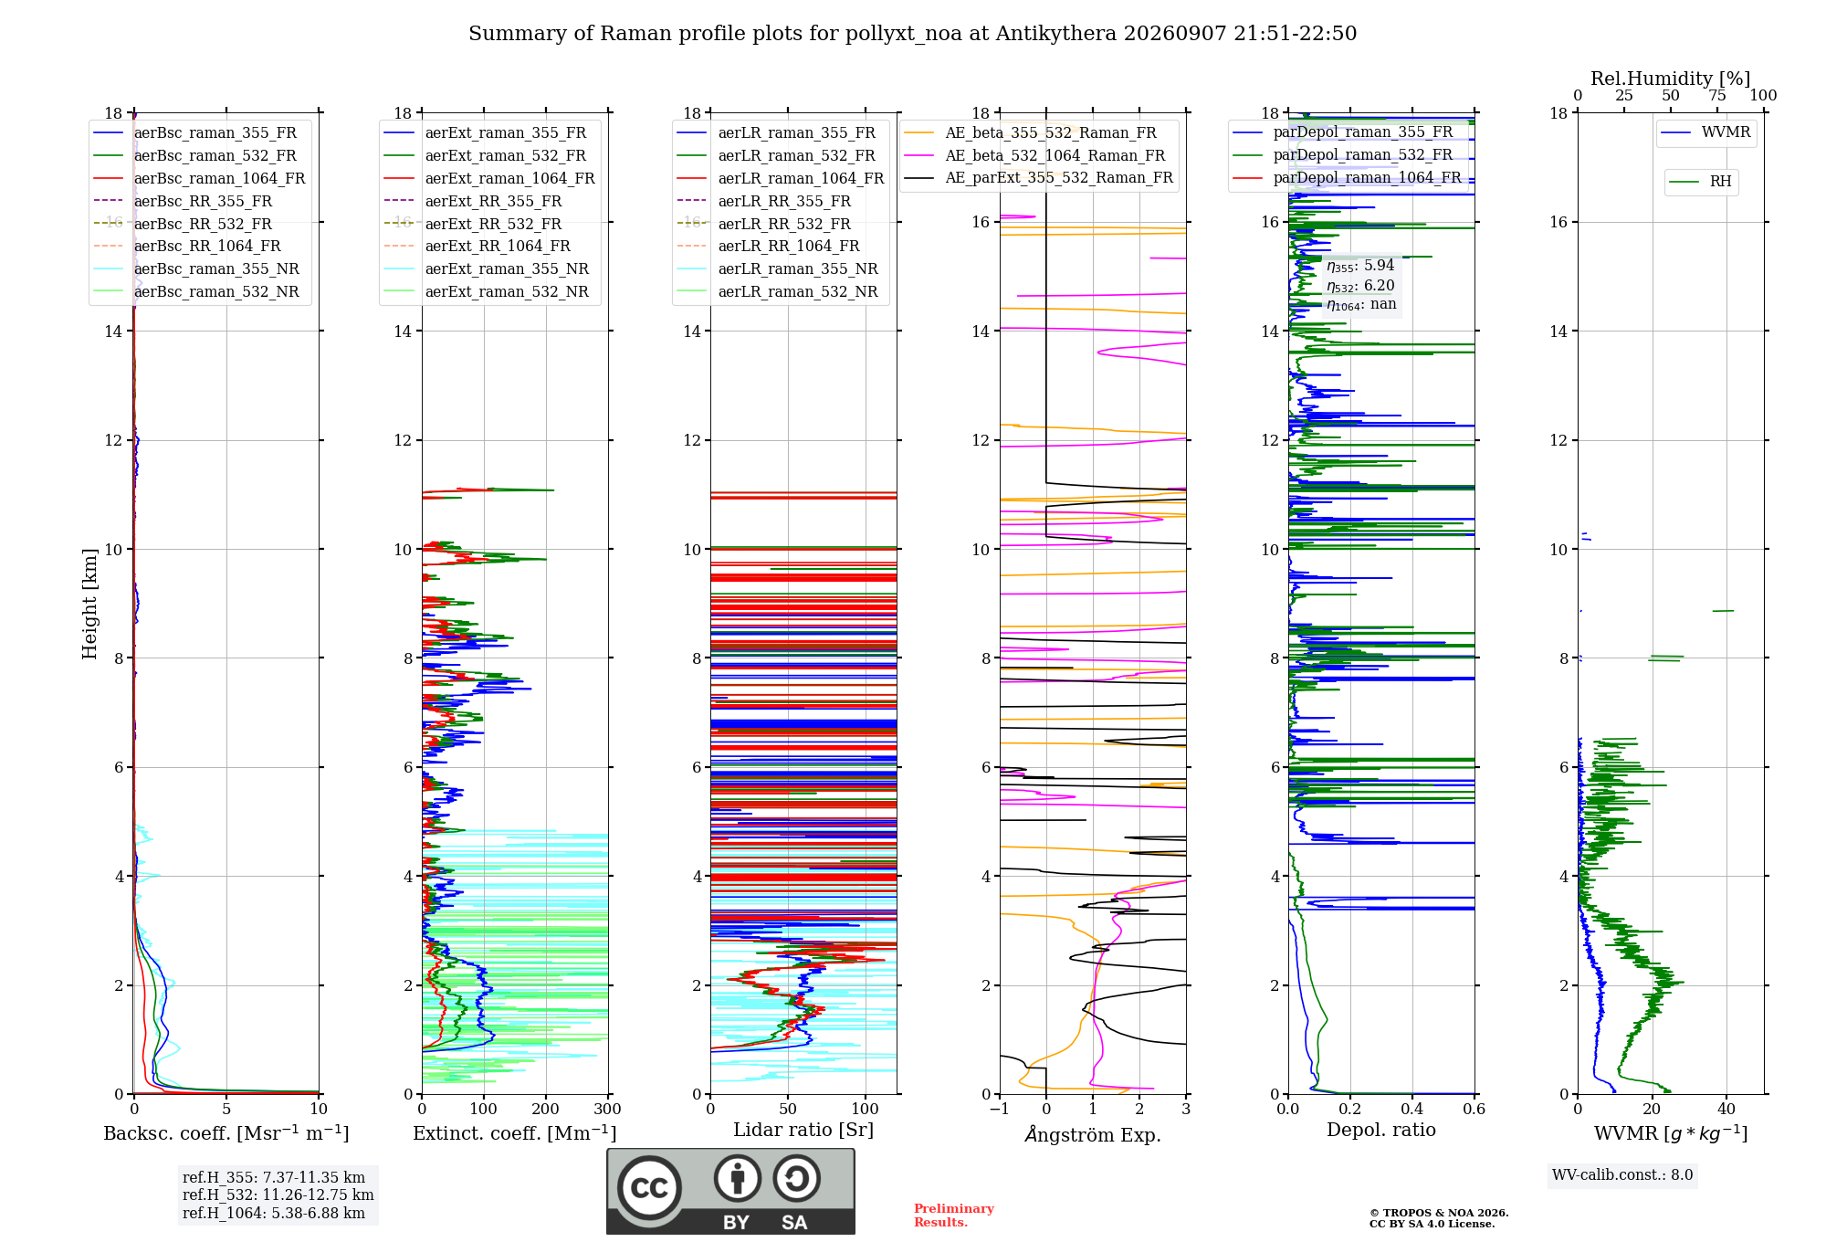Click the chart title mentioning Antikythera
coord(912,34)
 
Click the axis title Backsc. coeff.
coord(226,1133)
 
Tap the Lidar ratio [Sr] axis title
coord(803,1130)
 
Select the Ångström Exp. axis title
coord(1093,1134)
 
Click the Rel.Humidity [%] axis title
coord(1671,79)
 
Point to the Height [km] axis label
coord(89,604)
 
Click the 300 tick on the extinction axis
coord(608,1110)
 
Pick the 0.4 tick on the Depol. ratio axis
coord(1412,1110)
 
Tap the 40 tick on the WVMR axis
coord(1726,1110)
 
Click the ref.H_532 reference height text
coord(278,1195)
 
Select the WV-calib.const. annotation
coord(1622,1175)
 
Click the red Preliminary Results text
coord(954,1216)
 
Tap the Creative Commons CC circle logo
coord(649,1188)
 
